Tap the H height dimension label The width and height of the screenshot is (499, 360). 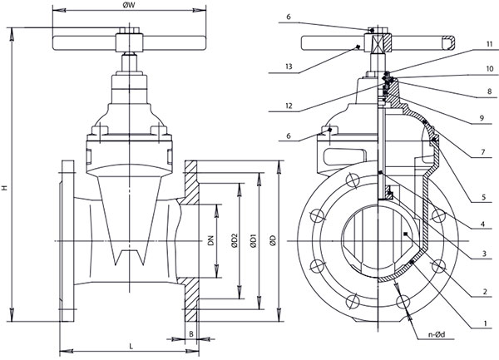[4, 188]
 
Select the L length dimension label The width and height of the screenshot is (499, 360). [131, 347]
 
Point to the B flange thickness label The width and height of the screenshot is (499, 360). [191, 334]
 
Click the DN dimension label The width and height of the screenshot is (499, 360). [210, 240]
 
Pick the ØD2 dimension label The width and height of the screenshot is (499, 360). [235, 240]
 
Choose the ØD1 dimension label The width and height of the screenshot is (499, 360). [253, 241]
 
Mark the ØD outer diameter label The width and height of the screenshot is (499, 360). [273, 241]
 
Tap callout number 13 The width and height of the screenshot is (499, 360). [289, 67]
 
